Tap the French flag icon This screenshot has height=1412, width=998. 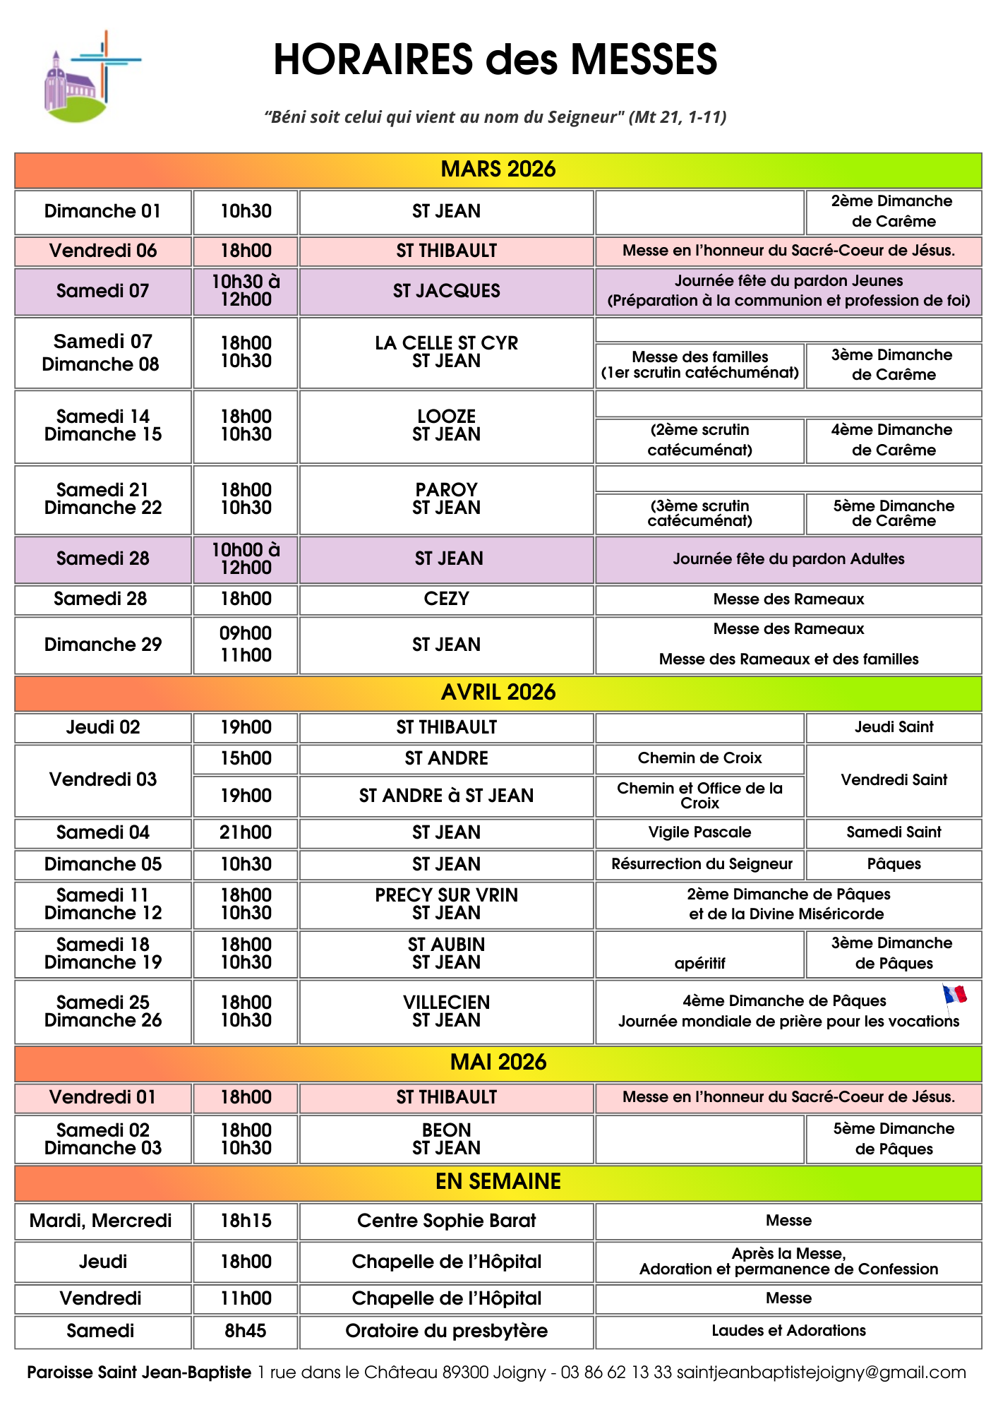[954, 994]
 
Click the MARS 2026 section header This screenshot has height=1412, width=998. [498, 169]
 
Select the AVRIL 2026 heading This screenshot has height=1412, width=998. [498, 693]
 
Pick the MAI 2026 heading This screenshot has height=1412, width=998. [498, 1063]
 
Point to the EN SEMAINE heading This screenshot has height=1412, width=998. [498, 1182]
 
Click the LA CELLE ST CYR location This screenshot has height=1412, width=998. [446, 343]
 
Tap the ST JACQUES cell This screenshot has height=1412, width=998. [446, 291]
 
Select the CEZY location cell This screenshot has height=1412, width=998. [446, 599]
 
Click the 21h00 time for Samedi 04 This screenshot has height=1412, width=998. [246, 832]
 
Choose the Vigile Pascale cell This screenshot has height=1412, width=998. [699, 832]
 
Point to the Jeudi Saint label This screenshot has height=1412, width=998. [894, 727]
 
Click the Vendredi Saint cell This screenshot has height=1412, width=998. [894, 780]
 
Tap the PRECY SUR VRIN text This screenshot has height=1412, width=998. [446, 895]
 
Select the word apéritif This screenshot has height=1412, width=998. [699, 964]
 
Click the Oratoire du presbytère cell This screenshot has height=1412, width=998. [446, 1331]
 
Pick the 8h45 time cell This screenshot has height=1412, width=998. [246, 1331]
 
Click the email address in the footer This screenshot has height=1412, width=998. [821, 1372]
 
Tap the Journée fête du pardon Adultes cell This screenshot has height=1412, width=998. [788, 559]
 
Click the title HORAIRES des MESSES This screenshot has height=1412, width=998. [495, 59]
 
